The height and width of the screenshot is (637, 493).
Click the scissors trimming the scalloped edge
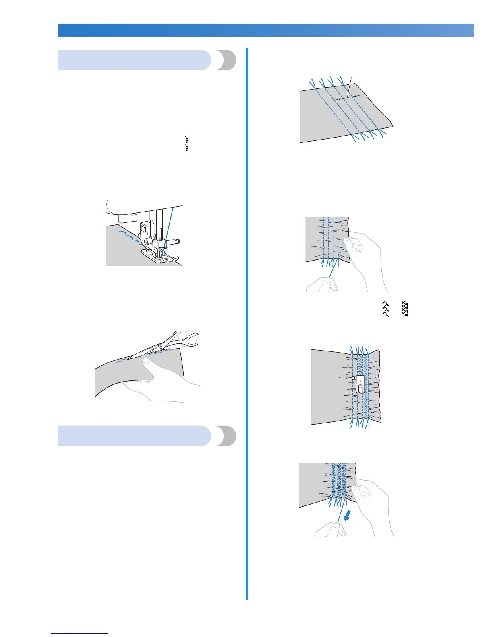pos(169,342)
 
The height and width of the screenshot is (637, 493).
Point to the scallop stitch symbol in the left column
pos(187,144)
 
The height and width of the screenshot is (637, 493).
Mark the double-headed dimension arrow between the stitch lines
pos(348,97)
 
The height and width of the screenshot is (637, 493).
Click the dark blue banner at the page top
pos(266,30)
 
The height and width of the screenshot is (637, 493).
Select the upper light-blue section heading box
pos(135,60)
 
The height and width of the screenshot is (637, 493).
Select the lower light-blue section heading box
pos(135,436)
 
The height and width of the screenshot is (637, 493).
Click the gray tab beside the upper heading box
pos(226,60)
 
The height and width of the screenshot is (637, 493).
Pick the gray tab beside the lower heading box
pos(226,436)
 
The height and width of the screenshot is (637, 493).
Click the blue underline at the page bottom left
pos(80,633)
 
